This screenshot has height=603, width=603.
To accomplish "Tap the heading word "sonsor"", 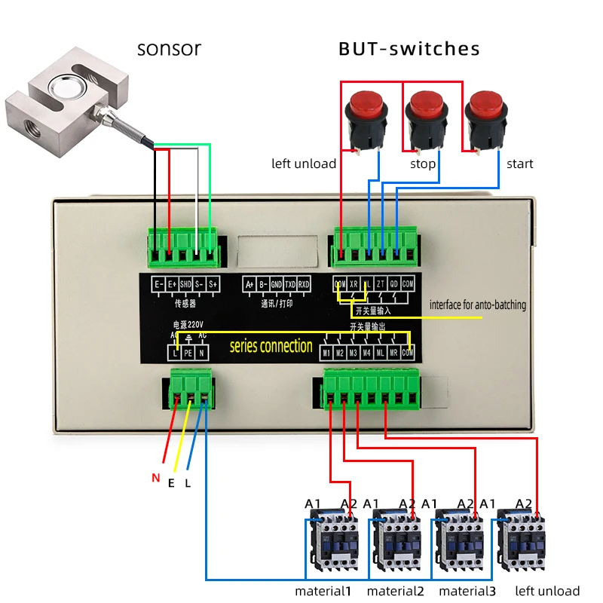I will (169, 49).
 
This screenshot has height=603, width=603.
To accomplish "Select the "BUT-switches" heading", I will (409, 49).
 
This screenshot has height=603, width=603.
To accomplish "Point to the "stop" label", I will (423, 164).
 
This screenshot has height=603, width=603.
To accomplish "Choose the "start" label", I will (520, 164).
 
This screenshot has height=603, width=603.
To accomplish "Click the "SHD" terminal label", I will (185, 284).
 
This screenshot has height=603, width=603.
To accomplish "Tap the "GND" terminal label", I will (276, 284).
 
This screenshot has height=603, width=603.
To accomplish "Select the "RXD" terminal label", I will (303, 284).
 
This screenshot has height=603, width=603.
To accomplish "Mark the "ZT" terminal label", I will (381, 284).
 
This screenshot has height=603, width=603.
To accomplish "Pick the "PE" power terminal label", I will (188, 352).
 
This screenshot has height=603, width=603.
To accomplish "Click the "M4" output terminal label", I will (366, 352).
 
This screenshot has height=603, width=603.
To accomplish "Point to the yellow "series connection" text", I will (271, 347).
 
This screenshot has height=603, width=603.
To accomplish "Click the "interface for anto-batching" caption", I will (478, 305).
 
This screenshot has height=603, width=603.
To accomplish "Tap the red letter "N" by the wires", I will (156, 477).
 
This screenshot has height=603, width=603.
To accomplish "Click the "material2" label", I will (395, 591).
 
